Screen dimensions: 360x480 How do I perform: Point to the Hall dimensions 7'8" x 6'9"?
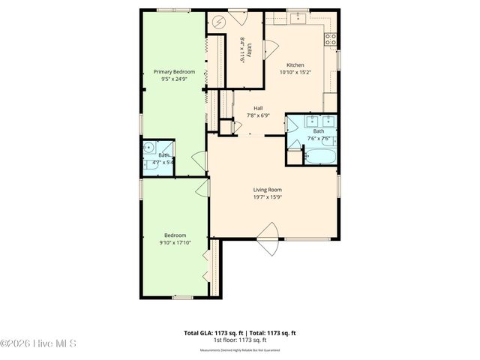tap(258, 115)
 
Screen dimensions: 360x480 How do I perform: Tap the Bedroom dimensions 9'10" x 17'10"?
tap(174, 242)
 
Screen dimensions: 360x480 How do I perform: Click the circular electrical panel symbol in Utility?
tap(219, 22)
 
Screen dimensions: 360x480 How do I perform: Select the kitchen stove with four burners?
tap(329, 39)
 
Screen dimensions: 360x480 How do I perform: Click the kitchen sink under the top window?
tap(298, 18)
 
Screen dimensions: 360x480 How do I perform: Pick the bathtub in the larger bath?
tap(319, 157)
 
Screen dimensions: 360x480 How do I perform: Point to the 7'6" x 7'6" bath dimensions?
tap(319, 139)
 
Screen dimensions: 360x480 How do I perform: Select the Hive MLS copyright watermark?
tap(39, 344)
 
